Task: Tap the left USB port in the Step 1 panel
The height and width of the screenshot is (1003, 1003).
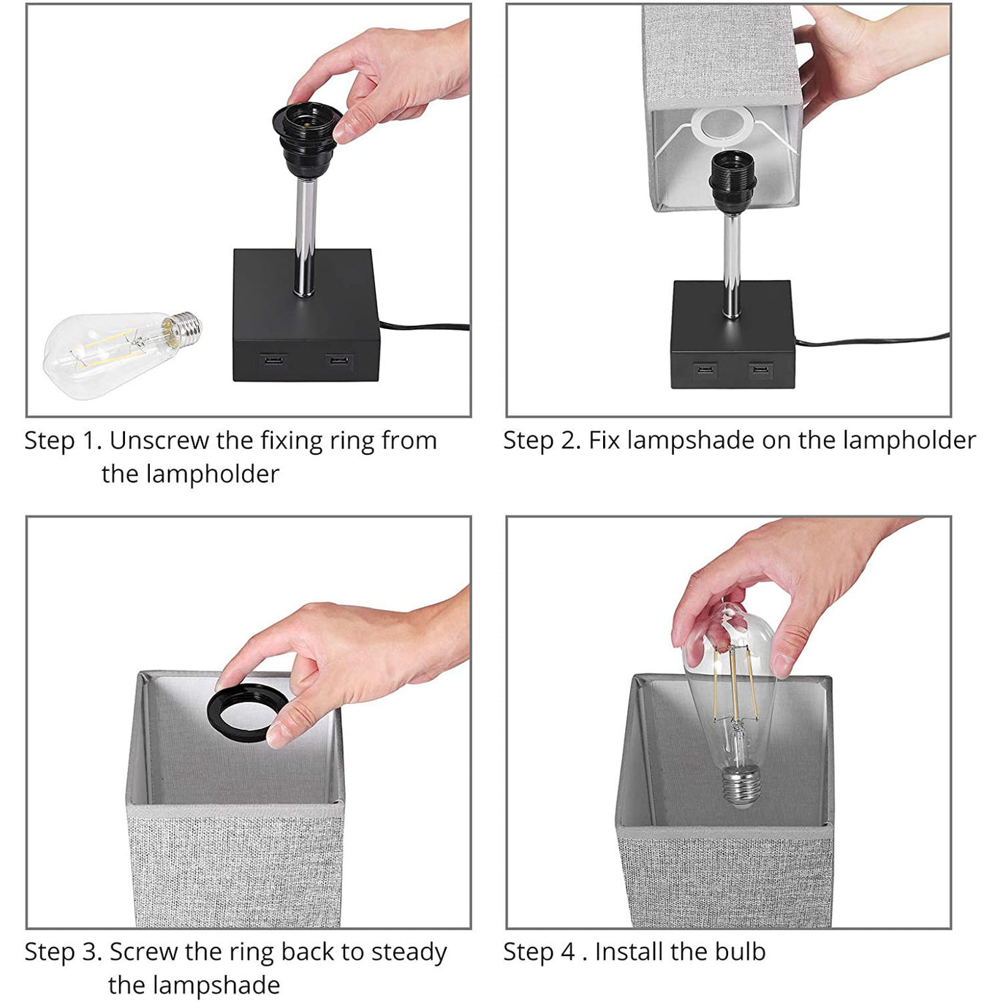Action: (x=273, y=360)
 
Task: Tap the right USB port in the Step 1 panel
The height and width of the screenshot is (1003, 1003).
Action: (x=339, y=360)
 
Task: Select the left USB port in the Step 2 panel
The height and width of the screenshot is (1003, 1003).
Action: (x=705, y=370)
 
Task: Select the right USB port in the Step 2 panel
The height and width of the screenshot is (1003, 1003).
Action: (x=760, y=371)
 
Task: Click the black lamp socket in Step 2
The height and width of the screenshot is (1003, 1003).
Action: (x=732, y=181)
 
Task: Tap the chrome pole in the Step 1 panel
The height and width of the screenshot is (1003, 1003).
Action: (x=306, y=237)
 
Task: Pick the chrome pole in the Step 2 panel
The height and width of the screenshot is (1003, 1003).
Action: (x=732, y=265)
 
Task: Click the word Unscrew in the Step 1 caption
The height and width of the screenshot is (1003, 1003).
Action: (x=160, y=441)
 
